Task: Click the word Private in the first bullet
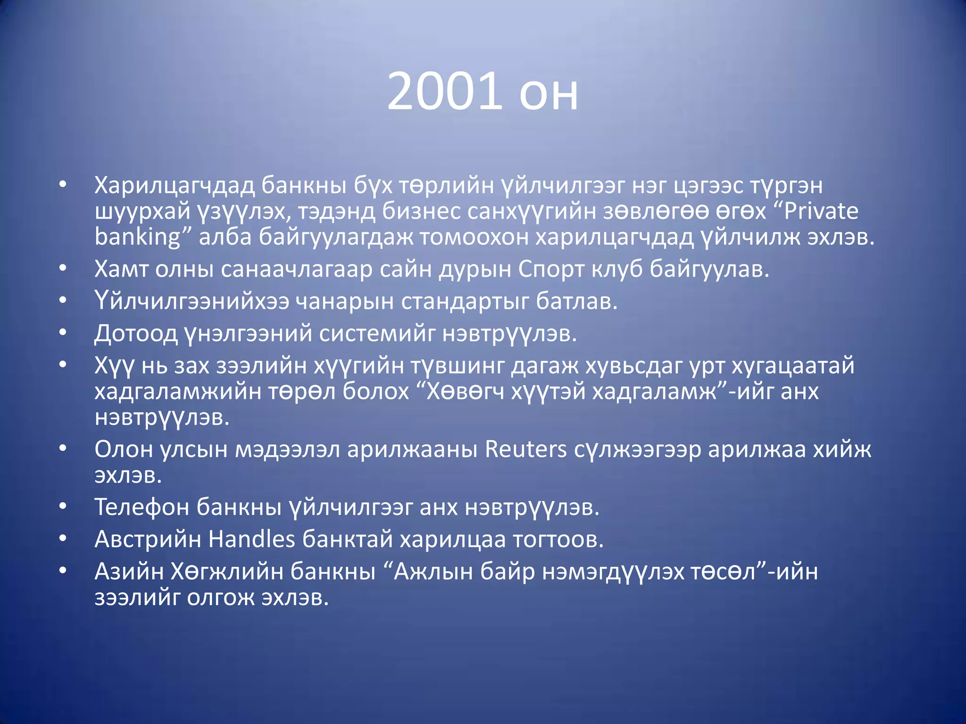pos(821,211)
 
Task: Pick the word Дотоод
pos(136,334)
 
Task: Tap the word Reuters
pos(525,449)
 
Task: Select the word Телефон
pos(142,507)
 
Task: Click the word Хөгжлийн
pos(226,572)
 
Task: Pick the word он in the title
pos(549,92)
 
